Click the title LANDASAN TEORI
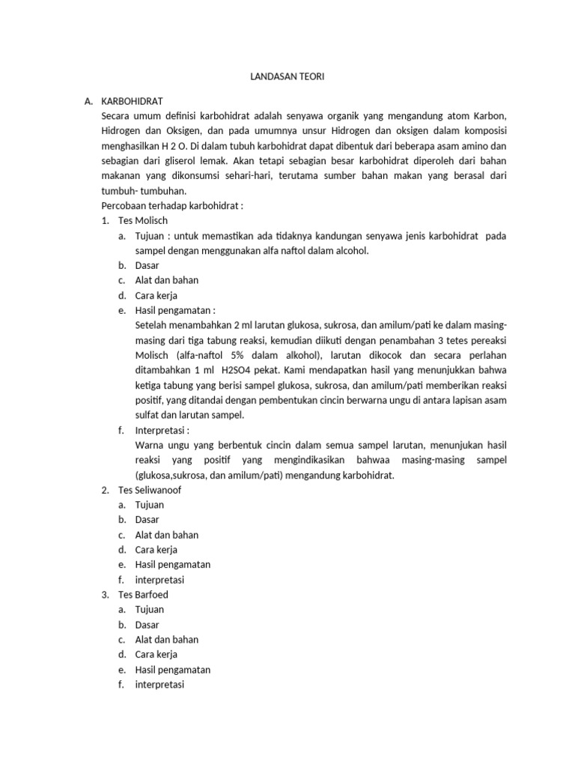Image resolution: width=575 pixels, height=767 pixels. tap(287, 77)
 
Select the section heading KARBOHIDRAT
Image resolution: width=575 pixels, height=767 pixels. tap(132, 101)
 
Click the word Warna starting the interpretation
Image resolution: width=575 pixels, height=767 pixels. tap(150, 445)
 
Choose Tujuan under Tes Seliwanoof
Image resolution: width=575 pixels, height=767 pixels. tap(150, 505)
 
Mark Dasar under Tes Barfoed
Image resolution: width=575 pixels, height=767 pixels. tap(147, 625)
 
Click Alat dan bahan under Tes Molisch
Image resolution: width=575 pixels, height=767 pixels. tap(166, 280)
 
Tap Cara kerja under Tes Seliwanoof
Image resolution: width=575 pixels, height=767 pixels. tap(156, 550)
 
